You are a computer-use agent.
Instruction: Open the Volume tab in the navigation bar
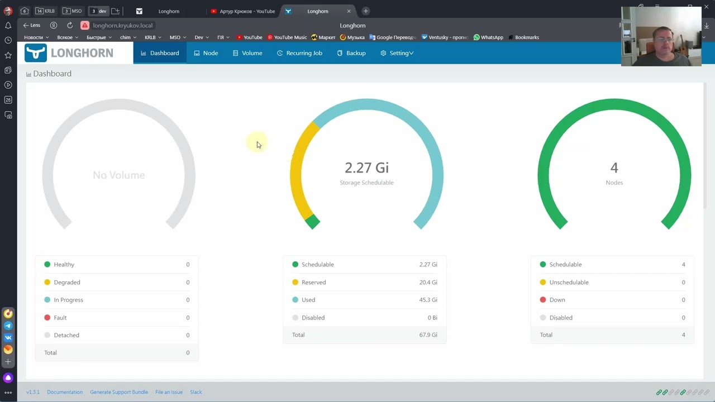tap(247, 53)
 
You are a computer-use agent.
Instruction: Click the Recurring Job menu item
tap(299, 53)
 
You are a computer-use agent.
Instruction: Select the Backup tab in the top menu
tap(351, 53)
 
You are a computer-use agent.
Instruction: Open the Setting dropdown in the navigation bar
tap(397, 53)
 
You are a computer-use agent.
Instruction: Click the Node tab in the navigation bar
tap(206, 53)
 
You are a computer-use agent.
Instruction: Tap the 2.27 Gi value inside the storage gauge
tap(367, 168)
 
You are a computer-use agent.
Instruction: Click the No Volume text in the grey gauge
tap(119, 175)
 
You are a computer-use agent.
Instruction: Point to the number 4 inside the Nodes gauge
tap(614, 168)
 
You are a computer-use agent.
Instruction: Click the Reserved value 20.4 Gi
tap(428, 283)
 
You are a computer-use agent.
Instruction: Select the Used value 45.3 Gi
tap(428, 300)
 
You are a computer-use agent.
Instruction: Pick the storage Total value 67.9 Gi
tap(428, 334)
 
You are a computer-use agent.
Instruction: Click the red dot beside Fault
tap(47, 318)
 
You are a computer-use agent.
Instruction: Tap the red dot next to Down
tap(543, 300)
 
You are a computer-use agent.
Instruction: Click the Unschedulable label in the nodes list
tap(569, 283)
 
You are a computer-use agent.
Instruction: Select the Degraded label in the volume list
tap(67, 283)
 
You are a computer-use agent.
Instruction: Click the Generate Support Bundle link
tap(119, 392)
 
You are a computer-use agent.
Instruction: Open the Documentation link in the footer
tap(65, 392)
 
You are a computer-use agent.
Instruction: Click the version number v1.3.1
tap(33, 392)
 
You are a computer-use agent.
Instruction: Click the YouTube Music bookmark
tap(287, 37)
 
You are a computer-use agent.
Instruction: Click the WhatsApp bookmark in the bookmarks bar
tap(488, 37)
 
